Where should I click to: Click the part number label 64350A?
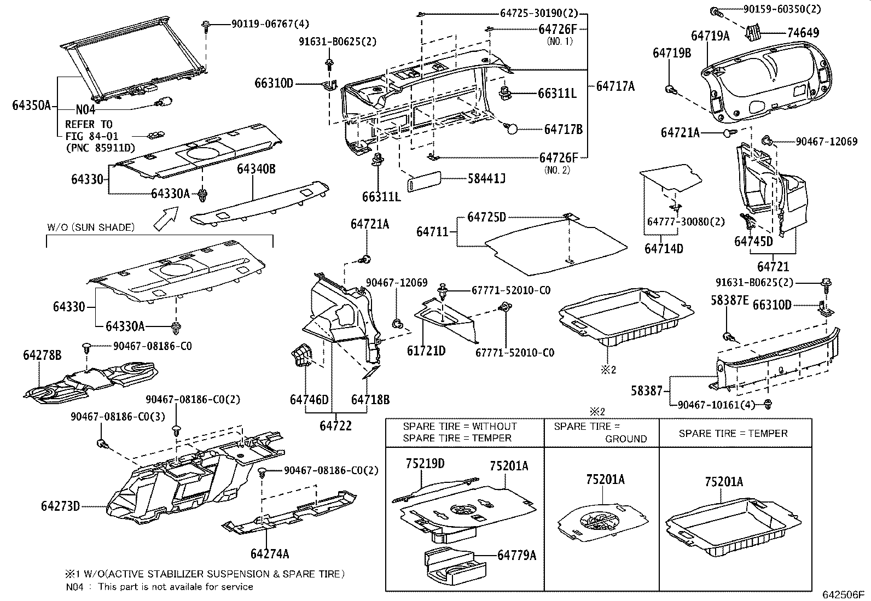(x=31, y=106)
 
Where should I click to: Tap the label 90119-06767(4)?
(x=262, y=24)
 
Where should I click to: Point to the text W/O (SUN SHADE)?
(x=90, y=227)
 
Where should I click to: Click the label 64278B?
(x=42, y=355)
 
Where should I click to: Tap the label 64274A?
(x=270, y=553)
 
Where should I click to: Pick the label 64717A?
(x=615, y=86)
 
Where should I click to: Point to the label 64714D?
(x=664, y=249)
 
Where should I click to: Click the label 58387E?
(x=729, y=300)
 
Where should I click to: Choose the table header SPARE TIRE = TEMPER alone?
(x=733, y=433)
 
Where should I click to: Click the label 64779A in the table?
(x=516, y=556)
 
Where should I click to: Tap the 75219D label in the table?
(x=425, y=464)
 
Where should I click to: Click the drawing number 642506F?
(x=843, y=594)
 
